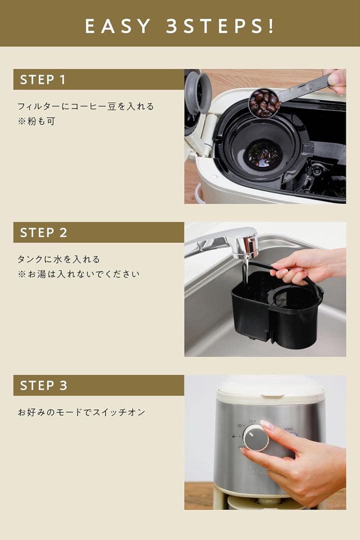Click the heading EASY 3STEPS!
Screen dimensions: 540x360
180,26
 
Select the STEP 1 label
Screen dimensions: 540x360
43,80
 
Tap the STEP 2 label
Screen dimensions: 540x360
43,233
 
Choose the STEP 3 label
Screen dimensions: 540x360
43,386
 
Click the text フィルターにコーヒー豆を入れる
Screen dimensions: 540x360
85,106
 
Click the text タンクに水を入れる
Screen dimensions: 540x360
58,259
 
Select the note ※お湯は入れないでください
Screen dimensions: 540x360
78,274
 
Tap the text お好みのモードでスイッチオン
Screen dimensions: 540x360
81,412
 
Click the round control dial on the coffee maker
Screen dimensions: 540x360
256,438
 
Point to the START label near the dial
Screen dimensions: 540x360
289,429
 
